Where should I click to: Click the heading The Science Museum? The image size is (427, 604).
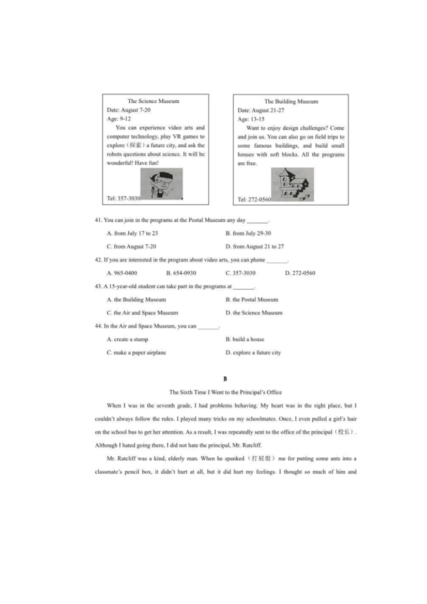(x=154, y=101)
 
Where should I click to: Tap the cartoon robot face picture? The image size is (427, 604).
(x=161, y=184)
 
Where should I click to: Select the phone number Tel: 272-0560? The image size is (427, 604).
(x=254, y=199)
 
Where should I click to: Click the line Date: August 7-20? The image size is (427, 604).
(x=129, y=110)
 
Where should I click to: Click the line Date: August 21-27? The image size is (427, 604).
(x=261, y=111)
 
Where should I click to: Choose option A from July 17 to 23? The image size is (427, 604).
(x=132, y=234)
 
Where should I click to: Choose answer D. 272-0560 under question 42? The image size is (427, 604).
(x=300, y=273)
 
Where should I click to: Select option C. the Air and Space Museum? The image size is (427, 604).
(x=142, y=313)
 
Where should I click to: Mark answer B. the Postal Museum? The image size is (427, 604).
(x=252, y=300)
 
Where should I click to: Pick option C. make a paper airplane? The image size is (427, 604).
(x=136, y=353)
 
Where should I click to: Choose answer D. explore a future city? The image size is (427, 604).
(x=253, y=353)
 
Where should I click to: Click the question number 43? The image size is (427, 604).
(x=98, y=286)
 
